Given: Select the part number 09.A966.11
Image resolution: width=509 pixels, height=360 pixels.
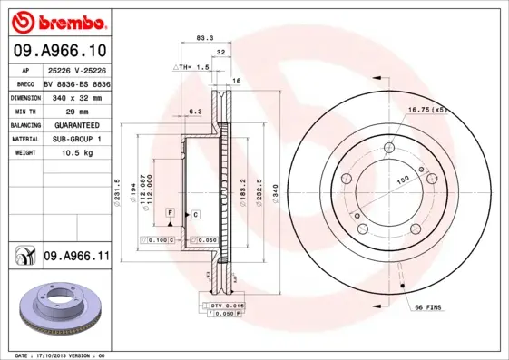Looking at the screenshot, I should (x=75, y=258).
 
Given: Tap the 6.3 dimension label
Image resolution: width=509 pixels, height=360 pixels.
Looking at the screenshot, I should (x=193, y=111).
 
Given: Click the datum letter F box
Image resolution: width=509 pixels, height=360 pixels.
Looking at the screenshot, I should (x=169, y=211).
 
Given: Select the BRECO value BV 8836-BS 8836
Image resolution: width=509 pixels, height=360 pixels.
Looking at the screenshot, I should (x=75, y=82).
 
